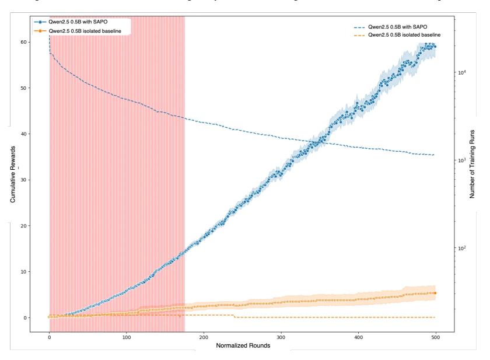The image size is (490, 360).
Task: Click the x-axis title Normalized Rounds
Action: [x=243, y=345]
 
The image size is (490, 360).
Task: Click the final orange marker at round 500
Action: [x=435, y=293]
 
